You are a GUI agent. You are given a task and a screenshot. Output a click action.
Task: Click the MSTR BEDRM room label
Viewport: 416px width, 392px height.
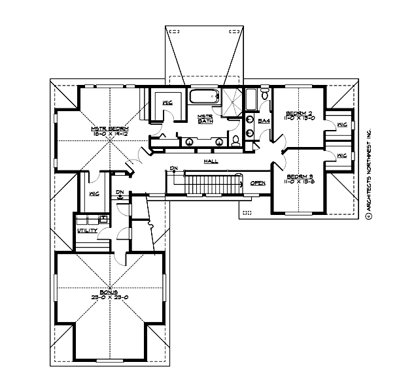pos(110,129)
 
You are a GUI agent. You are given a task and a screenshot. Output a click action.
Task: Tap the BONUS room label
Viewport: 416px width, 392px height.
pos(109,292)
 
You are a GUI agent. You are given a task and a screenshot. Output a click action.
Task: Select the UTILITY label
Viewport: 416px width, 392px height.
pos(87,230)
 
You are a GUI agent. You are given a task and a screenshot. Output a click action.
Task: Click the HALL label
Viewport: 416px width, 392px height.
pos(211,161)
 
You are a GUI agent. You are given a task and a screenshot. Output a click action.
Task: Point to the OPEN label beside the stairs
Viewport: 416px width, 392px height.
pos(258,183)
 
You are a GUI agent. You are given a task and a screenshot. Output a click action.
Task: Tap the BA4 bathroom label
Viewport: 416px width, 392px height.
pos(264,121)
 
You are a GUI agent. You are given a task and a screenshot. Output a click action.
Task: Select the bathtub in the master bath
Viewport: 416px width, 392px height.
pos(204,98)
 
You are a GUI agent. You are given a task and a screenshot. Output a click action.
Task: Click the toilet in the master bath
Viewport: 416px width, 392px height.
pos(235,140)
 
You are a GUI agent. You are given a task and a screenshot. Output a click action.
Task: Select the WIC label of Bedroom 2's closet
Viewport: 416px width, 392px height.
pos(341,124)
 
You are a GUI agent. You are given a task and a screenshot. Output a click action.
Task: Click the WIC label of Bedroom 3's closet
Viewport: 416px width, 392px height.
pos(341,155)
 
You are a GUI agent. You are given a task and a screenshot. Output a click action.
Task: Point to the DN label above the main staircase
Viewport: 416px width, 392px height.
pos(173,168)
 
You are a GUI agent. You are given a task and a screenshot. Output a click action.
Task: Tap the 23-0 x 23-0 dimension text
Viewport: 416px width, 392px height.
pos(109,298)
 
